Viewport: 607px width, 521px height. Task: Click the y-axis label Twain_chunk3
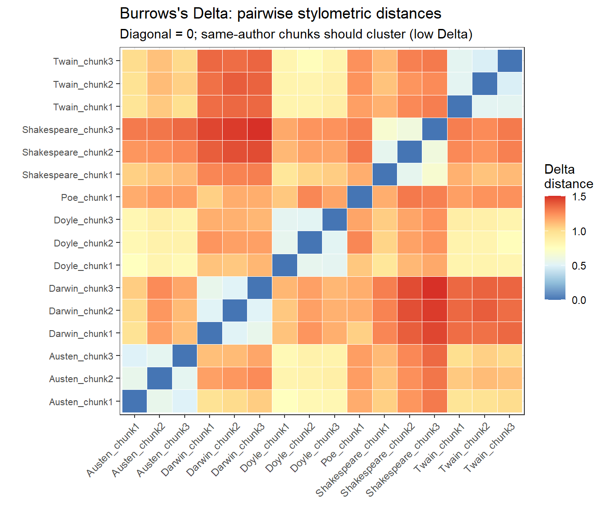click(83, 62)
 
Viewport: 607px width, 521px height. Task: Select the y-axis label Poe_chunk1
click(87, 198)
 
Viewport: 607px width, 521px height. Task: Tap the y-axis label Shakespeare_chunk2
click(68, 152)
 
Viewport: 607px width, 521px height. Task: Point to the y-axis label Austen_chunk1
click(81, 402)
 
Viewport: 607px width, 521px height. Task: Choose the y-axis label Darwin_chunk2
click(81, 311)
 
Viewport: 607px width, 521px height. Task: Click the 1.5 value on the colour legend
click(579, 197)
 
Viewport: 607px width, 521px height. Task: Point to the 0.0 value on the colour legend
click(579, 300)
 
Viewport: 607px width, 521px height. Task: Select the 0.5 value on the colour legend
click(579, 266)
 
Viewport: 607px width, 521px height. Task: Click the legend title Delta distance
click(568, 176)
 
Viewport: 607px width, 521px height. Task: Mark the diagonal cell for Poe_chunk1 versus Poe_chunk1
click(360, 198)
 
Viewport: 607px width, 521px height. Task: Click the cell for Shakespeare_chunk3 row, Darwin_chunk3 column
click(259, 129)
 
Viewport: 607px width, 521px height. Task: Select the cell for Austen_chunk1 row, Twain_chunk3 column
click(509, 402)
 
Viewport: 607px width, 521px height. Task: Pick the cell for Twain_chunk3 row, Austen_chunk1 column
click(134, 61)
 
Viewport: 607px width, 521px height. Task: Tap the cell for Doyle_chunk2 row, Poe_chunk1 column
click(360, 243)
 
